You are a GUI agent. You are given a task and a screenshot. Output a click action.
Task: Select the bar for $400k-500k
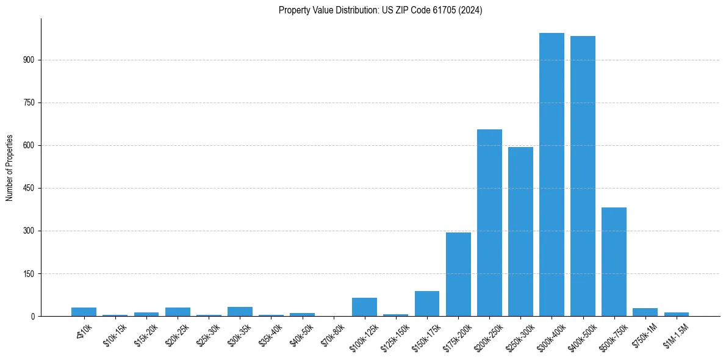(583, 176)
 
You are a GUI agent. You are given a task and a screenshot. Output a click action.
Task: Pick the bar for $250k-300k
(520, 232)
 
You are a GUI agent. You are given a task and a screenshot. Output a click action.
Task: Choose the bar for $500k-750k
(614, 262)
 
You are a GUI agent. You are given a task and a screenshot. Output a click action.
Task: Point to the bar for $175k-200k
(458, 275)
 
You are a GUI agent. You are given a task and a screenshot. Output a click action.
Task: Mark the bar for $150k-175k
(427, 304)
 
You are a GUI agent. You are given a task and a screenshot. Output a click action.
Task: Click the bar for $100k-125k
(364, 307)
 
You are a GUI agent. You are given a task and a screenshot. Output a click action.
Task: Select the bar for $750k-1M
(645, 312)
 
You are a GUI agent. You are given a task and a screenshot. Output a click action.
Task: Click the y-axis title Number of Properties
(10, 167)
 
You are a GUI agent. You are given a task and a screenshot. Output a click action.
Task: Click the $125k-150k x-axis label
(394, 336)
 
